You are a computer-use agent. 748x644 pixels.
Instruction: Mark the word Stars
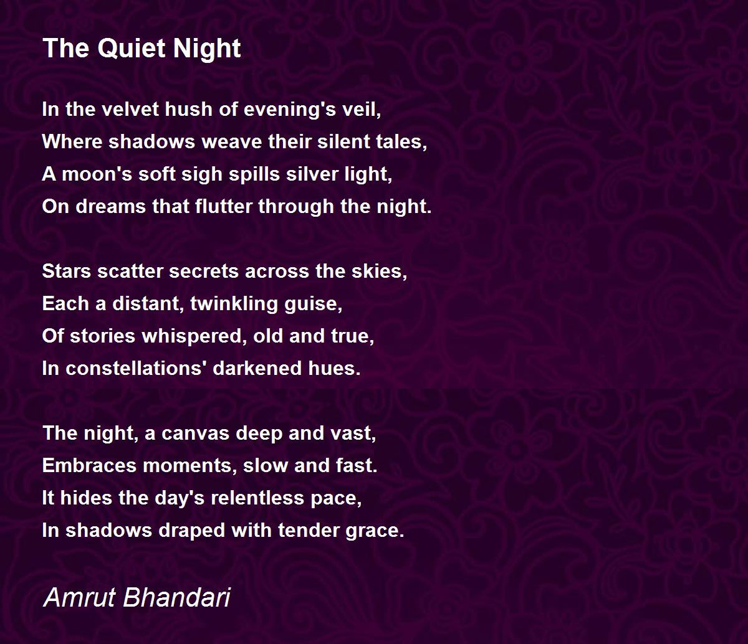tap(67, 271)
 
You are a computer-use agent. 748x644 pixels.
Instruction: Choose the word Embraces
tap(89, 466)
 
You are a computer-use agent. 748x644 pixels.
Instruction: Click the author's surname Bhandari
tap(176, 597)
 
